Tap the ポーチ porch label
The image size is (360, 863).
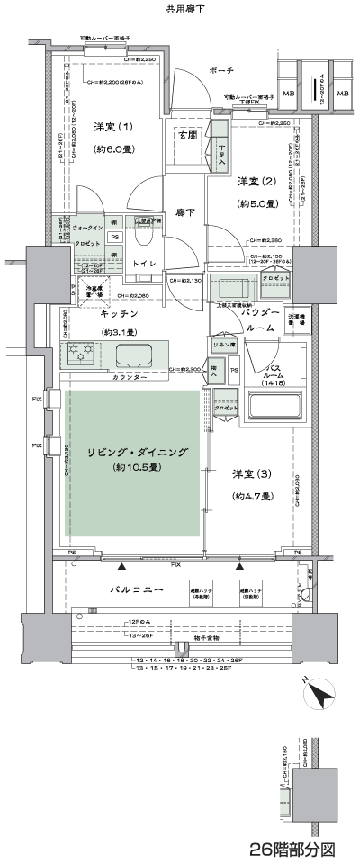(220, 69)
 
